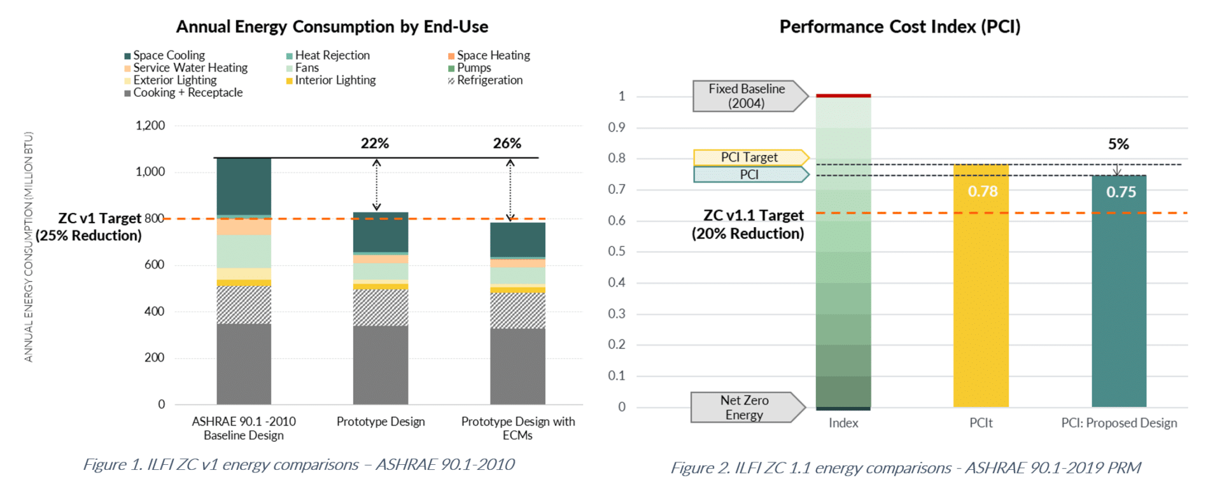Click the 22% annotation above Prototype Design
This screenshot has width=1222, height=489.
pos(374,144)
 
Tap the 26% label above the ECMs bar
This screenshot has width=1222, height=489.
pos(507,144)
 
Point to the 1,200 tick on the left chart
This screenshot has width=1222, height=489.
pos(150,125)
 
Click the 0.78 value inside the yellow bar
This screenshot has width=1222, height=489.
pos(982,191)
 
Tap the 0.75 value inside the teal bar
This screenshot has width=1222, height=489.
pos(1120,192)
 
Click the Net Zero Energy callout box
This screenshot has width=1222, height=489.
pos(744,408)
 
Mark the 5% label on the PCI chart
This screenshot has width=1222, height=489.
pos(1118,144)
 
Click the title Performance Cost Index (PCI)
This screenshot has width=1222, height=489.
pos(899,27)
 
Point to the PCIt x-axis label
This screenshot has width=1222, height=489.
pos(981,423)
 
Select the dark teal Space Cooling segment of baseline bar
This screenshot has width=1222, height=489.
pos(244,186)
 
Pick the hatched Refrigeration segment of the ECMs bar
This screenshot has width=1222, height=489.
pos(517,310)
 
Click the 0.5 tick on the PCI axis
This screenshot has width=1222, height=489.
pos(616,251)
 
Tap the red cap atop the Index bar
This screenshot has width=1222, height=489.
pos(843,95)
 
